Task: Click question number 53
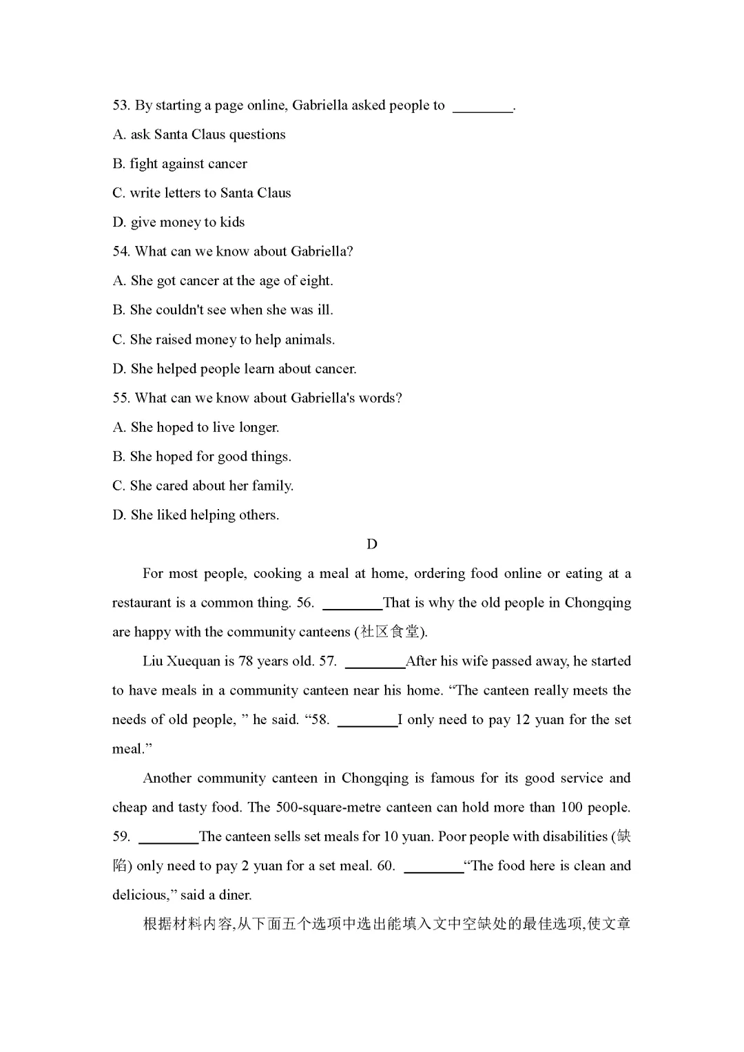pyautogui.click(x=121, y=105)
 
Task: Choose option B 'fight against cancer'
pyautogui.click(x=180, y=164)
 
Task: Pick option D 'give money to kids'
pyautogui.click(x=178, y=223)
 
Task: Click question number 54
pyautogui.click(x=121, y=251)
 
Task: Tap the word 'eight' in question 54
pyautogui.click(x=317, y=281)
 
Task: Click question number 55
pyautogui.click(x=121, y=398)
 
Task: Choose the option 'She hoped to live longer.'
pyautogui.click(x=196, y=428)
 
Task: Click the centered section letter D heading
pyautogui.click(x=372, y=544)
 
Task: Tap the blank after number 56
pyautogui.click(x=352, y=605)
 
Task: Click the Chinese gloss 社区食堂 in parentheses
pyautogui.click(x=390, y=632)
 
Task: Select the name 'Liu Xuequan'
pyautogui.click(x=181, y=661)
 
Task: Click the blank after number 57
pyautogui.click(x=375, y=663)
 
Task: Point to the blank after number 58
pyautogui.click(x=367, y=722)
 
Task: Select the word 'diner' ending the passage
pyautogui.click(x=235, y=896)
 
